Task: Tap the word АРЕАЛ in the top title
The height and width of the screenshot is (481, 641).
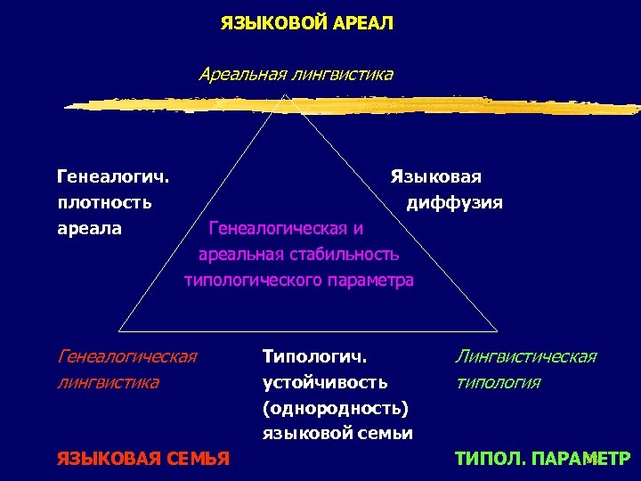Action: (x=363, y=22)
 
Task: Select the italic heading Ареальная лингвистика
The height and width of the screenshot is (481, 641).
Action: (x=296, y=74)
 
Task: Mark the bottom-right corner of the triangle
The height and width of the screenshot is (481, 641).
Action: (x=451, y=330)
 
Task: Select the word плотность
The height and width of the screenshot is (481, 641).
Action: (x=104, y=202)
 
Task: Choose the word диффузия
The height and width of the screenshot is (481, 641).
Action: (x=454, y=202)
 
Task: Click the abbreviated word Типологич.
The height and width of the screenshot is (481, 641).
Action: (x=314, y=357)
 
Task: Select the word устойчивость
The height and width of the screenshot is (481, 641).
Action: (x=325, y=382)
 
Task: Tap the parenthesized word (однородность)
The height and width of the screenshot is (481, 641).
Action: (x=336, y=408)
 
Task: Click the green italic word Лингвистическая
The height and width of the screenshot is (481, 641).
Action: (x=525, y=357)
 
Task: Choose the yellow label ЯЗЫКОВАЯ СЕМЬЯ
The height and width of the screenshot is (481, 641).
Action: (x=143, y=459)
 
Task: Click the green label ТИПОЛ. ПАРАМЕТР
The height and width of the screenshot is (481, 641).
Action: (x=542, y=459)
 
